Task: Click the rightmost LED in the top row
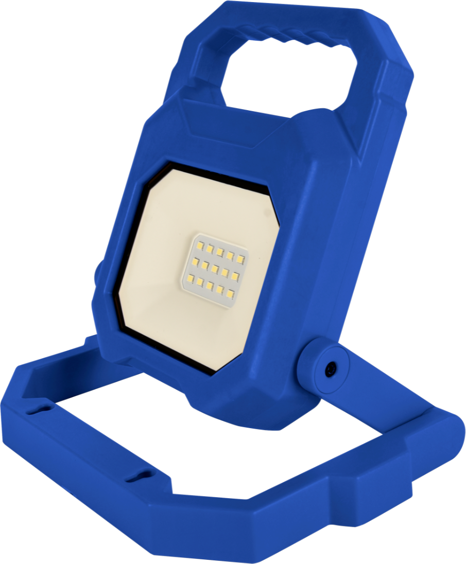(240, 259)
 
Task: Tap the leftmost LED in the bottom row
(190, 279)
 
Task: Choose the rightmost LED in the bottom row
(230, 294)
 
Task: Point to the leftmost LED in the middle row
(196, 262)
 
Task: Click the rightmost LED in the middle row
(235, 276)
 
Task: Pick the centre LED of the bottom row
(210, 287)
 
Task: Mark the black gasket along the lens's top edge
(216, 178)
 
